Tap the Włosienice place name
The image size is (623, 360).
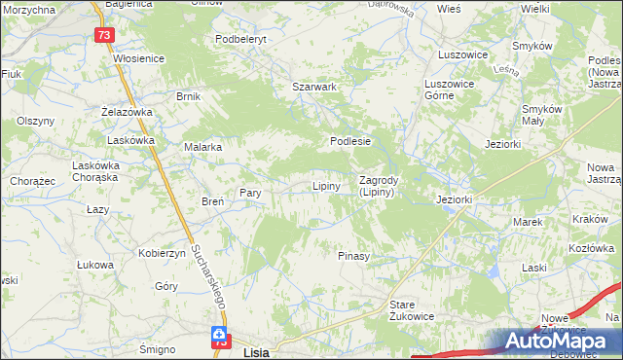point(139,58)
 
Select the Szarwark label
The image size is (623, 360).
point(314,87)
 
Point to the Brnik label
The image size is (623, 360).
point(188,96)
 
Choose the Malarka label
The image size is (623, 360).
point(203,147)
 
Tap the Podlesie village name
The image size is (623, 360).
point(350,141)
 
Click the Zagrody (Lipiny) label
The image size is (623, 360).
point(376,186)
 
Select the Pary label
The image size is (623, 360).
point(250,193)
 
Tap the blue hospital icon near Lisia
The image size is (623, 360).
point(222,336)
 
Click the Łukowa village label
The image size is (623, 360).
point(95,264)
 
